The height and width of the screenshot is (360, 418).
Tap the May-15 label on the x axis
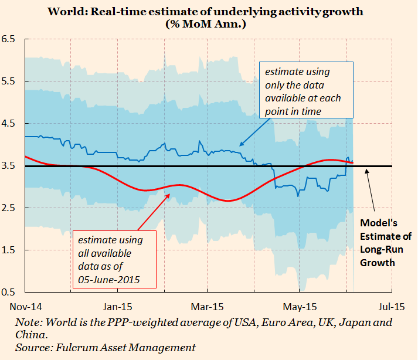pyautogui.click(x=300, y=307)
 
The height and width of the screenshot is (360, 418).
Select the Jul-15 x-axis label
pyautogui.click(x=391, y=307)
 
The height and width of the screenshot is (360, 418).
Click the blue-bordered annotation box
pyautogui.click(x=306, y=91)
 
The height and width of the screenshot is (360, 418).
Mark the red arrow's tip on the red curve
pyautogui.click(x=170, y=193)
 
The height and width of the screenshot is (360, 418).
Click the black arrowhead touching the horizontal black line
pyautogui.click(x=366, y=169)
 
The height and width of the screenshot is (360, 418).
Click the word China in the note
pyautogui.click(x=32, y=335)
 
